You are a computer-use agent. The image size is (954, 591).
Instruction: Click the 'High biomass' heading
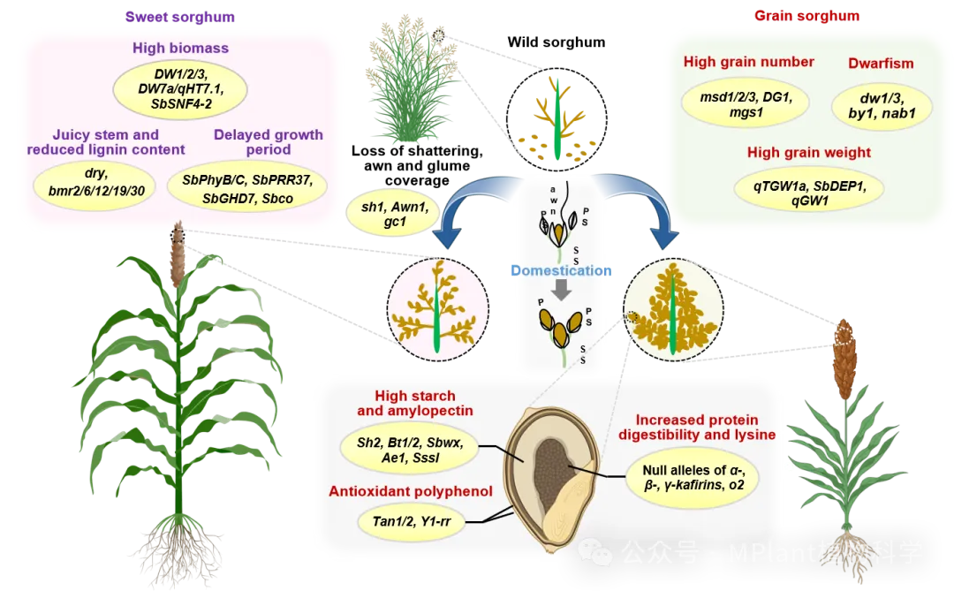coord(180,48)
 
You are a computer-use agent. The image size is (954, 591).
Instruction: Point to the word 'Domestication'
coord(560,271)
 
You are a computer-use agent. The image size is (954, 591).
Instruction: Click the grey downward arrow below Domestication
coord(560,291)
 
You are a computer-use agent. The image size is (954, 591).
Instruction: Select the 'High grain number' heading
coord(748,62)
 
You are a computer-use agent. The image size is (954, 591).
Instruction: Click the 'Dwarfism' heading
coord(880,64)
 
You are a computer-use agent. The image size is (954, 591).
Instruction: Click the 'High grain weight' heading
coord(808,153)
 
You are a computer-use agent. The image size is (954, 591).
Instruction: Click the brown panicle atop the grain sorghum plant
coord(845,358)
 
